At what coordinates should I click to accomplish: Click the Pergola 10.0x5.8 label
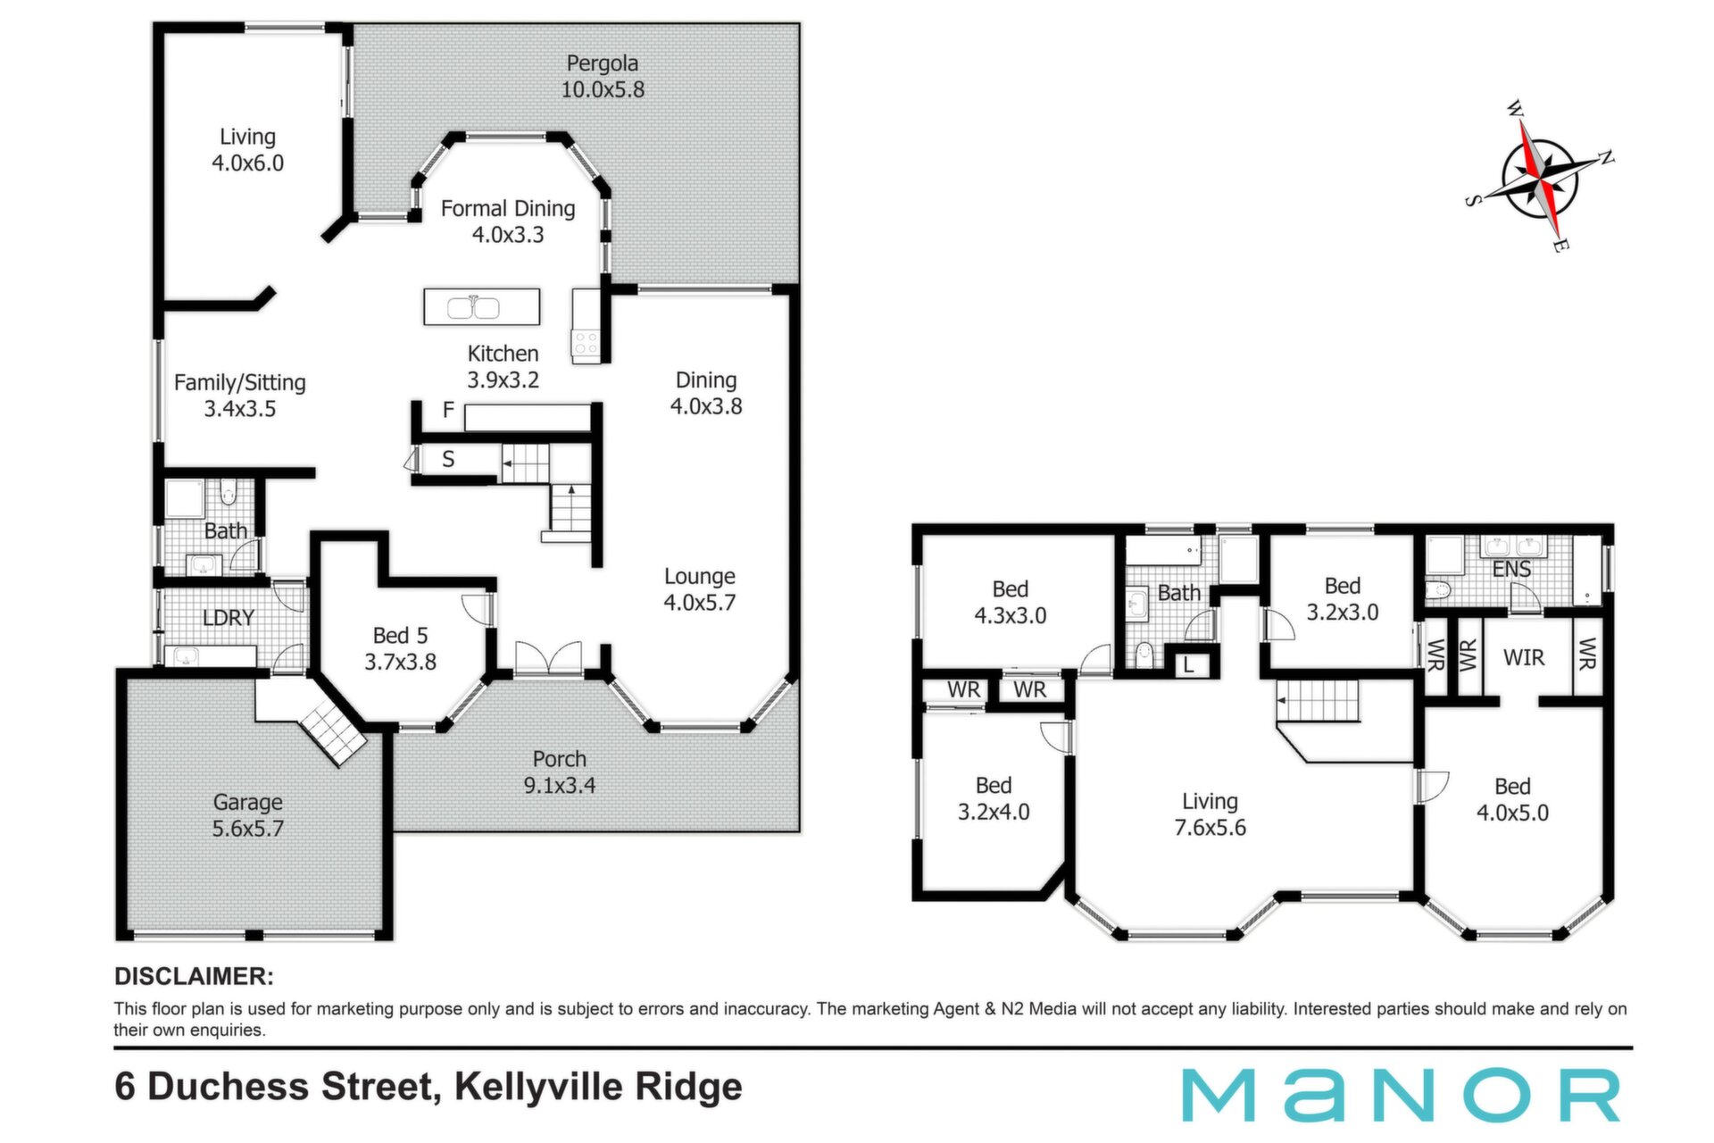pos(603,77)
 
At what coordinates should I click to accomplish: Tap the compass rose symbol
pos(1541,176)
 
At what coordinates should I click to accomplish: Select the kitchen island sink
pos(473,307)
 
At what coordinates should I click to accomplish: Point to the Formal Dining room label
pos(508,221)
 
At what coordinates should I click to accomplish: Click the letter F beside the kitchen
pos(448,410)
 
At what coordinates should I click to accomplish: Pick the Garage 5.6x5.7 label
pos(247,815)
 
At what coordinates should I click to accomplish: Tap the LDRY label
pos(229,618)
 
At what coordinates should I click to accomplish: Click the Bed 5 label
pos(400,648)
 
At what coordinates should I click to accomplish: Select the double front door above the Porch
pos(548,656)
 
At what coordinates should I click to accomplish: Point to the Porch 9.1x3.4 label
pos(560,772)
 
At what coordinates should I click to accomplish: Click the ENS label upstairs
pos(1512,569)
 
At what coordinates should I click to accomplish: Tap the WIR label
pos(1524,658)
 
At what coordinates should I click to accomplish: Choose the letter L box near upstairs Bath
pos(1188,665)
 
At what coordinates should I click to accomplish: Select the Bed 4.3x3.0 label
pos(1011,603)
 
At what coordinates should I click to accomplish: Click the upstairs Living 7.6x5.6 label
pos(1211,814)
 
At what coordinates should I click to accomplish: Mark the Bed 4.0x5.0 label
pos(1513,799)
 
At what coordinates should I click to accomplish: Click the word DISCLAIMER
pos(194,977)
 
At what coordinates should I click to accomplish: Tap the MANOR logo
pos(1401,1095)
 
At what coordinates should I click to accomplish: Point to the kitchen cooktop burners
pos(586,344)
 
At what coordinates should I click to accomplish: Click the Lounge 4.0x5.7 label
pos(700,589)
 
